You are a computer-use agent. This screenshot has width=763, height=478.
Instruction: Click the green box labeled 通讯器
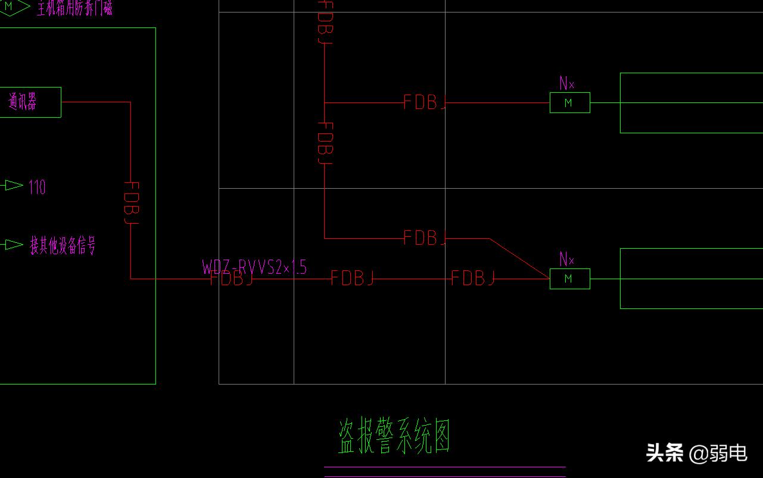click(x=30, y=102)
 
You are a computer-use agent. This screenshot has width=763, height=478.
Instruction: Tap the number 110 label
click(x=37, y=188)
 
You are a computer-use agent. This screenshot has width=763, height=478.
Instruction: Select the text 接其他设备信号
click(x=63, y=245)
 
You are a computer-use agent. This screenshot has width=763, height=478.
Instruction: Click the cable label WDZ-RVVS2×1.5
click(x=254, y=267)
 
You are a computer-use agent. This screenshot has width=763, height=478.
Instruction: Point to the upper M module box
click(x=569, y=102)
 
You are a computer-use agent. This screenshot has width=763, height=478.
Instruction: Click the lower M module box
click(x=569, y=279)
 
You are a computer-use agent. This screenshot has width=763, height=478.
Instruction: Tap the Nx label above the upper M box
click(x=566, y=84)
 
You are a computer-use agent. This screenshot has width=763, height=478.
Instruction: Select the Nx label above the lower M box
click(x=566, y=260)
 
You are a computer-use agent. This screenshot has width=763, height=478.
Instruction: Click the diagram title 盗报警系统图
click(x=394, y=437)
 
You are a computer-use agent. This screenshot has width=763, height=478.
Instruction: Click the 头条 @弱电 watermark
click(x=696, y=453)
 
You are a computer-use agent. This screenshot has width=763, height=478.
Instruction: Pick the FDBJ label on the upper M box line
click(x=425, y=102)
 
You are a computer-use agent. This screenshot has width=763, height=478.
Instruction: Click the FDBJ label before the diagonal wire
click(x=425, y=238)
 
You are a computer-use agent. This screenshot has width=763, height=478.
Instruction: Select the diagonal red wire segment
click(x=519, y=258)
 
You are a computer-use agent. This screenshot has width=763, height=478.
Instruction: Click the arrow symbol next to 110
click(x=13, y=186)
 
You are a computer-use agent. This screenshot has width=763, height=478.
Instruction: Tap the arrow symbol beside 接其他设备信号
click(x=13, y=244)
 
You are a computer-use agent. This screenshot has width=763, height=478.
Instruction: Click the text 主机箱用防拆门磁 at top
click(x=74, y=8)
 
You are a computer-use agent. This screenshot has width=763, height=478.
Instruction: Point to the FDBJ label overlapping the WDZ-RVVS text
click(x=232, y=279)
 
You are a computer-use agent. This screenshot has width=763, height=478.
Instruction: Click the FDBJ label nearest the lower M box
click(x=473, y=278)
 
